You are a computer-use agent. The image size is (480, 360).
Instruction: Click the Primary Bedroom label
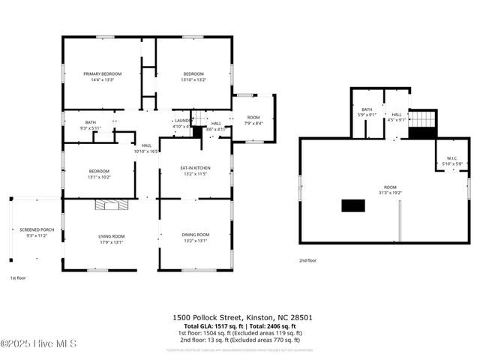pos(102,73)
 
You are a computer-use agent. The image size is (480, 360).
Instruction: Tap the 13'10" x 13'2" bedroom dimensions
pos(193,79)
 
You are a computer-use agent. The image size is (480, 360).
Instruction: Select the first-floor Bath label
pos(90,122)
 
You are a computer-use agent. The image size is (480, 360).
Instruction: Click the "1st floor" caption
pos(18,277)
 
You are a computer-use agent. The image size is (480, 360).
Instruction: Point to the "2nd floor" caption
pos(308,260)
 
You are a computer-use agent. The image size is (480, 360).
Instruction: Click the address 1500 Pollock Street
pos(239,318)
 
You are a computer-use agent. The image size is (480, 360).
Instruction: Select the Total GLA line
pos(239,326)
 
